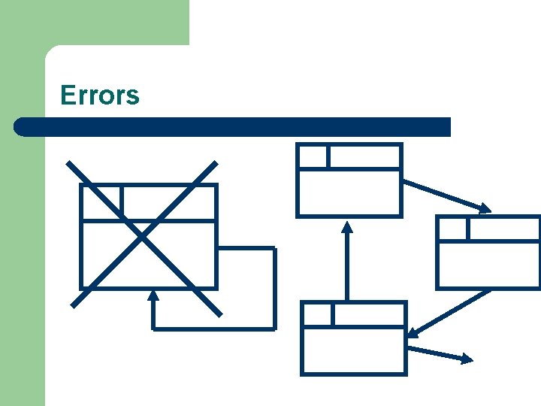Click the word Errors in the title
click(x=99, y=95)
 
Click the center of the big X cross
click(x=143, y=236)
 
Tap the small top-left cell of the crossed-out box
click(x=101, y=201)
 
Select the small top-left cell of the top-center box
click(x=313, y=156)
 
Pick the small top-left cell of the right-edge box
click(x=452, y=229)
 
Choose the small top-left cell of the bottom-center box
click(x=317, y=314)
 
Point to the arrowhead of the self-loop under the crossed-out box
click(x=153, y=295)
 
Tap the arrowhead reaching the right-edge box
click(x=485, y=208)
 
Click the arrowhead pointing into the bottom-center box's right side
click(x=413, y=332)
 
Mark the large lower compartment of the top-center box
click(x=349, y=192)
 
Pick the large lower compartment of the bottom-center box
click(x=353, y=350)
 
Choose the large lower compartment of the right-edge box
click(x=488, y=265)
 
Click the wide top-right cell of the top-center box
click(x=364, y=156)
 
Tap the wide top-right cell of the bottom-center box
click(x=369, y=314)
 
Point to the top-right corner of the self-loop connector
click(x=274, y=249)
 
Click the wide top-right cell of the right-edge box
click(x=503, y=229)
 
